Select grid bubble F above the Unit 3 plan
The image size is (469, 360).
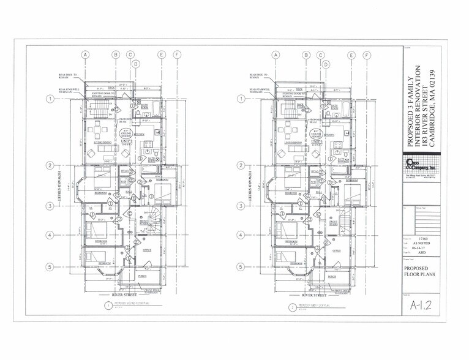point(367,54)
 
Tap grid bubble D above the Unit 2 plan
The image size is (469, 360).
point(136,64)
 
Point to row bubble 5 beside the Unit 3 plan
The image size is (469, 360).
point(241,267)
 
